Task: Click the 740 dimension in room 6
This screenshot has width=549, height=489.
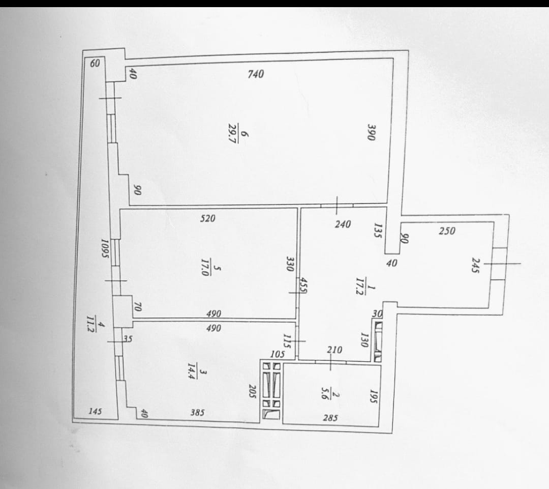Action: pyautogui.click(x=256, y=74)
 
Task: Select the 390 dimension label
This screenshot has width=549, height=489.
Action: pyautogui.click(x=371, y=132)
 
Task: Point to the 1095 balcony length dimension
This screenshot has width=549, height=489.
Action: pyautogui.click(x=105, y=248)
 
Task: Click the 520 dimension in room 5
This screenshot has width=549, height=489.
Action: pyautogui.click(x=207, y=219)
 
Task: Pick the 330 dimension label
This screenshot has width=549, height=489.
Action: pyautogui.click(x=290, y=264)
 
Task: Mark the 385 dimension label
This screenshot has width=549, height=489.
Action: pyautogui.click(x=197, y=413)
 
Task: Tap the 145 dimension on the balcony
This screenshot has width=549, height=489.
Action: pyautogui.click(x=95, y=411)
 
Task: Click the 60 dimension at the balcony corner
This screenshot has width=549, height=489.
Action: pyautogui.click(x=95, y=64)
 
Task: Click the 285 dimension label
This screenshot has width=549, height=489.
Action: pyautogui.click(x=330, y=418)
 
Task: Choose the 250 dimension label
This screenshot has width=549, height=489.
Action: pyautogui.click(x=447, y=231)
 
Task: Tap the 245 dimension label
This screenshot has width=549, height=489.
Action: pyautogui.click(x=475, y=265)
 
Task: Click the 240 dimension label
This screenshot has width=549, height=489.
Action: pyautogui.click(x=343, y=224)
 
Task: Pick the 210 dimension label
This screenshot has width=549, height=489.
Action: pyautogui.click(x=334, y=350)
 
